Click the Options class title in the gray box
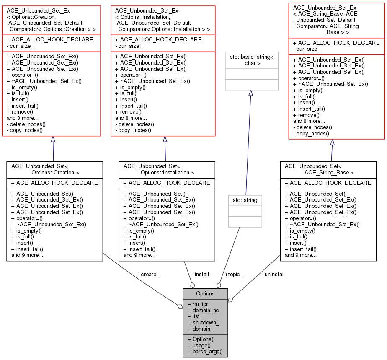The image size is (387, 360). (205, 293)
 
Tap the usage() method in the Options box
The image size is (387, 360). (203, 345)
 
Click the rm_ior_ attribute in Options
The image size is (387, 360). (201, 304)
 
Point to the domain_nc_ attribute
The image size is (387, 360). (207, 311)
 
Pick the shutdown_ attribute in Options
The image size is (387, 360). (206, 323)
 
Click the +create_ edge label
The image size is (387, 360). (148, 275)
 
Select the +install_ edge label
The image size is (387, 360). (201, 275)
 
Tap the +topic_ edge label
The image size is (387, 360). (234, 275)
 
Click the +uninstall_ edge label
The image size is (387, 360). (274, 275)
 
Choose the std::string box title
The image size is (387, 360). (245, 200)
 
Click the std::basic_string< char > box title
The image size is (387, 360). (250, 60)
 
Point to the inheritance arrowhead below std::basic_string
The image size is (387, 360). (250, 93)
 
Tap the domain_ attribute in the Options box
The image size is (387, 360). (203, 329)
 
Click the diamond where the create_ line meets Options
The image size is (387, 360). (180, 307)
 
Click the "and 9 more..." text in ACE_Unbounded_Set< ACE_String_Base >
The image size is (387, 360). (300, 255)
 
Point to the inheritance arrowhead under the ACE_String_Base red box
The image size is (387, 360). (332, 142)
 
